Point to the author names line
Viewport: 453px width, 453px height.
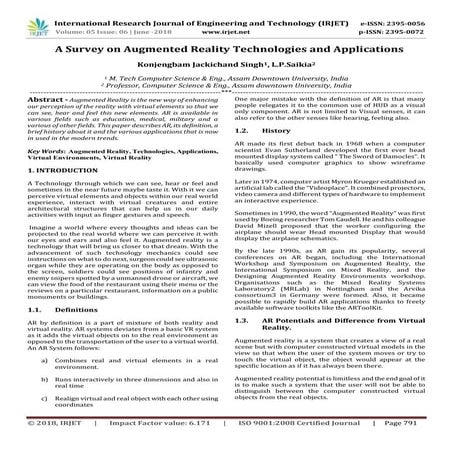pos(227,67)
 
